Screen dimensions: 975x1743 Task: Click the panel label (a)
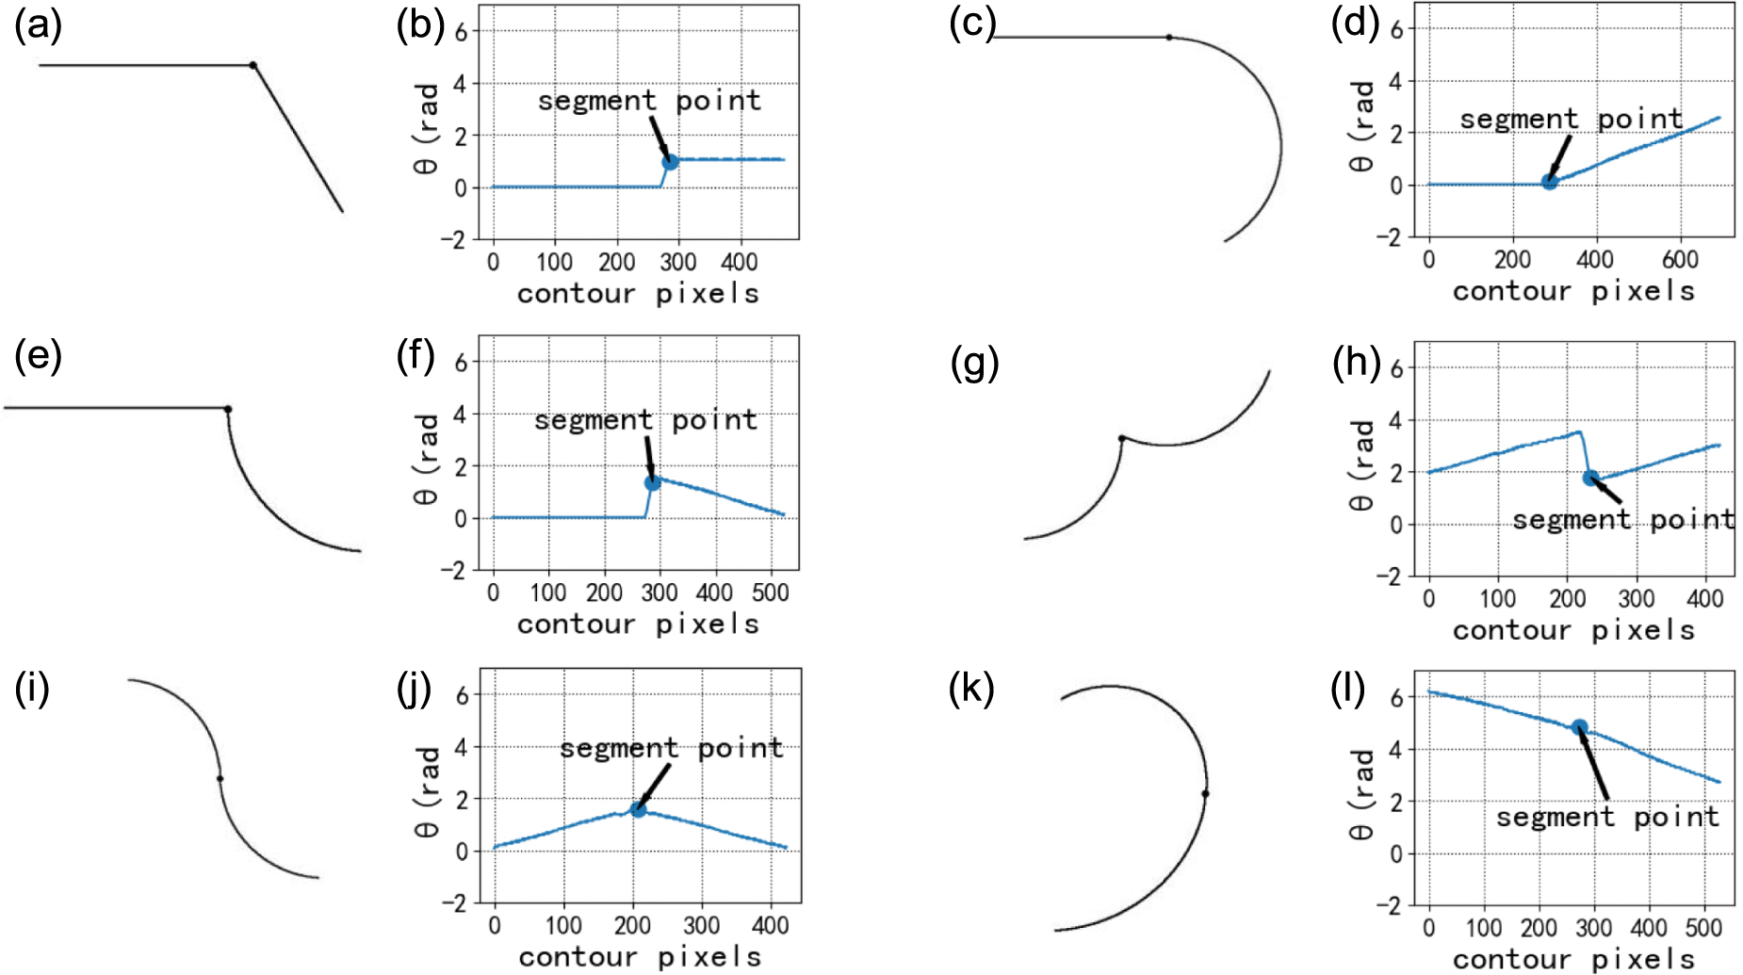click(38, 25)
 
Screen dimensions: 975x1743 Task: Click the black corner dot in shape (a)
click(252, 65)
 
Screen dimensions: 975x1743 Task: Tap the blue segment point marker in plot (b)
click(670, 161)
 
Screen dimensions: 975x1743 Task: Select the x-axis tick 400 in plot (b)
click(739, 262)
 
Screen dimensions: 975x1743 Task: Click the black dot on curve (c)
click(1169, 38)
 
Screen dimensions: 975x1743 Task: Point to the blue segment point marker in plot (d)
click(1549, 182)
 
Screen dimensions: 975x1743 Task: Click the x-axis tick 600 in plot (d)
click(1680, 259)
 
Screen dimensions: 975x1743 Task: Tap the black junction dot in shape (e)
click(228, 409)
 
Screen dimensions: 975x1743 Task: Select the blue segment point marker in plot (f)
click(652, 482)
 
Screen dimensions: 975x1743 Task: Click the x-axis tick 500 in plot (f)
click(770, 593)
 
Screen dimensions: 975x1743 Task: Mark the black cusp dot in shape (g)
click(1121, 438)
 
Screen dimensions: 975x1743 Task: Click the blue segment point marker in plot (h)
click(1590, 478)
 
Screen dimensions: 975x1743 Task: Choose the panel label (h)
click(1356, 362)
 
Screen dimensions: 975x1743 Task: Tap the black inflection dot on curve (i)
click(220, 778)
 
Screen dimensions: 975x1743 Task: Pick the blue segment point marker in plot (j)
click(638, 809)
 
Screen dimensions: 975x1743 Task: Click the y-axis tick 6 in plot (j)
click(462, 695)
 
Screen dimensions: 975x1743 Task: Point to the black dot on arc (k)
click(1205, 794)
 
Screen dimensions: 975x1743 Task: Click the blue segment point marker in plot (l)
click(1579, 727)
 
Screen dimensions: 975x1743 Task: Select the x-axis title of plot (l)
click(1572, 959)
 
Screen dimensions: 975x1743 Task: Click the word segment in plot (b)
click(596, 101)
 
